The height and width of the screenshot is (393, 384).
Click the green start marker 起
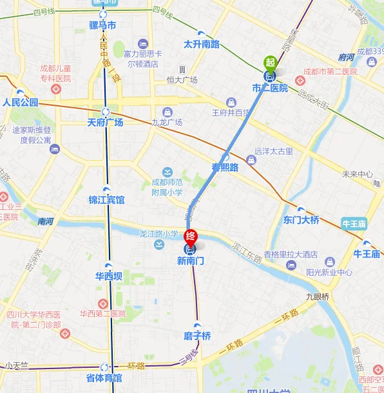(270, 63)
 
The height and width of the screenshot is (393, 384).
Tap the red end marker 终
(191, 236)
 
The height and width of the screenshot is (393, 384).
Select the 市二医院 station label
(270, 88)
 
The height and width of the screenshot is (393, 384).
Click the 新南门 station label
(190, 261)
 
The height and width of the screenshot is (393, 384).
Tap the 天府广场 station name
(106, 122)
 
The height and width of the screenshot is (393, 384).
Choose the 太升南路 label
(202, 45)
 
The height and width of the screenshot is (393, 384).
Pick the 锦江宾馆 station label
(106, 200)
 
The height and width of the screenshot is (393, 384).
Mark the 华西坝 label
(108, 277)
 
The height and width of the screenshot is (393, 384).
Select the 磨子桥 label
(197, 336)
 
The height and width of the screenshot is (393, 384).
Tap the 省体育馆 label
(104, 378)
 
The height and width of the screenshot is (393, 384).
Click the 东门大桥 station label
(301, 219)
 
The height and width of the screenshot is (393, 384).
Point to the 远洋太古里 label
(274, 152)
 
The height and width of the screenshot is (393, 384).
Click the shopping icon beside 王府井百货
(231, 102)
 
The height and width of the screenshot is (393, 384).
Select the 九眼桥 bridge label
(318, 297)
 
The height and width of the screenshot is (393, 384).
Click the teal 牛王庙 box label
(354, 223)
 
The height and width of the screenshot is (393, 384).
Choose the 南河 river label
(46, 221)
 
